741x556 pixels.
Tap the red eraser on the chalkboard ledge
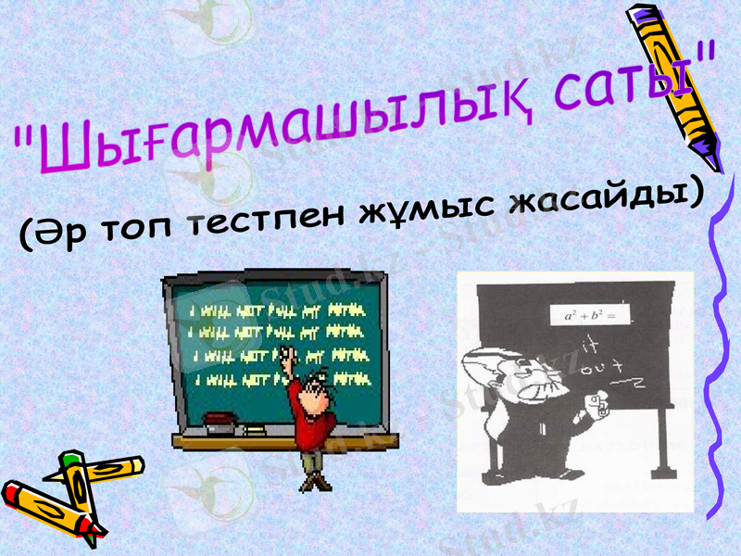[x=217, y=420]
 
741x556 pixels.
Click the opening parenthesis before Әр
[x=28, y=237]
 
